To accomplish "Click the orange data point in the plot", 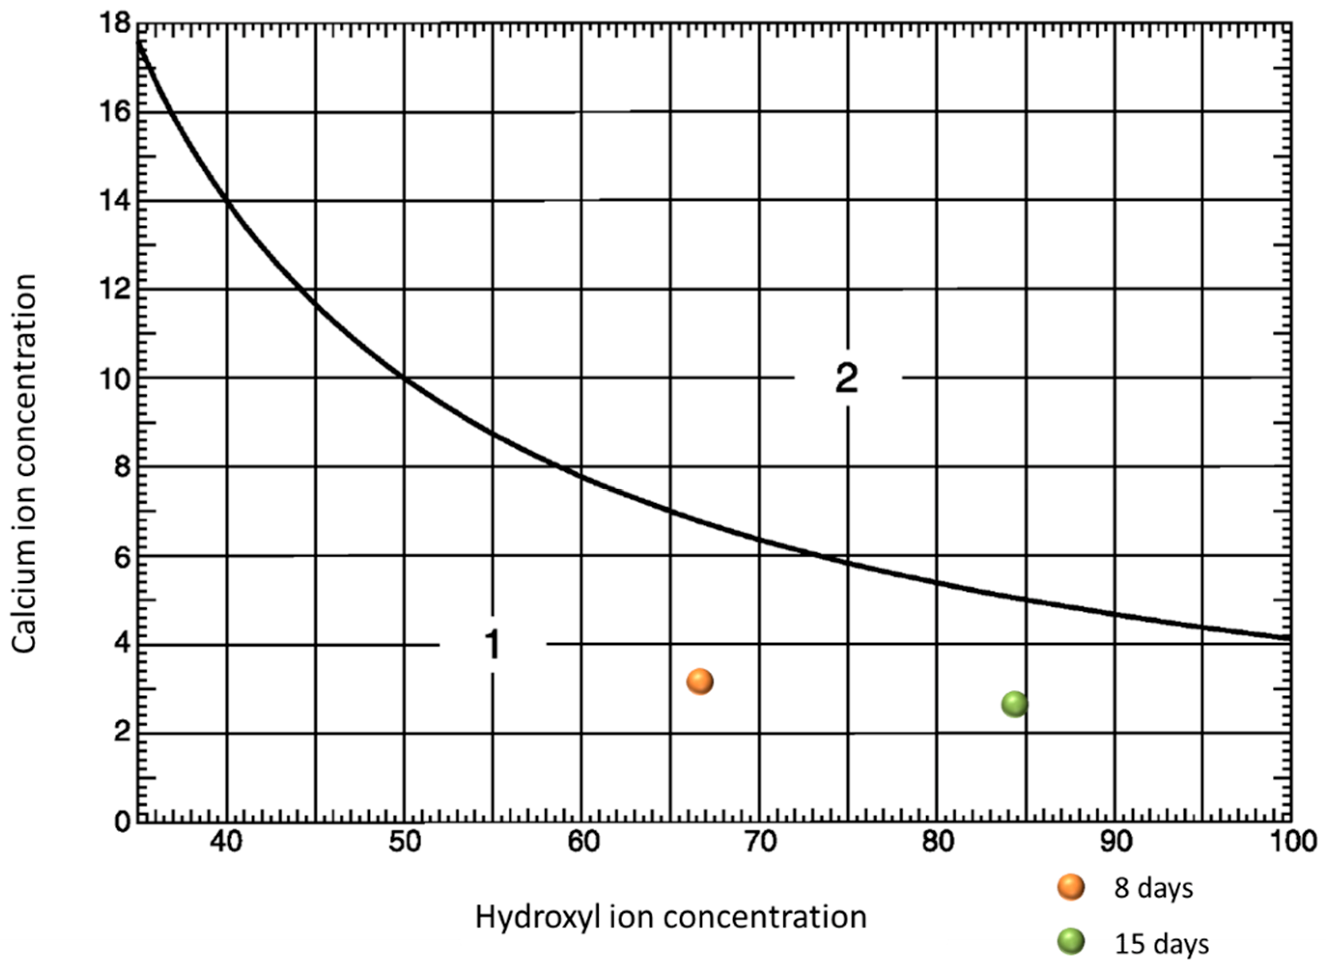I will point(700,682).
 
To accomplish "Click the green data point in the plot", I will point(1014,704).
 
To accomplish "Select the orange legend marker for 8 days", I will point(1070,887).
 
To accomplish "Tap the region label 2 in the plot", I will point(847,379).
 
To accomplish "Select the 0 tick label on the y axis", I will point(122,821).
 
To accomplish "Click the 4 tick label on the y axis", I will point(122,645).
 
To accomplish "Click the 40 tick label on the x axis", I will point(226,843).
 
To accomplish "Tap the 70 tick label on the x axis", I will point(760,843).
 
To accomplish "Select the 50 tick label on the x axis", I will point(405,843).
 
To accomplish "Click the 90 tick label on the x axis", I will point(1116,843).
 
